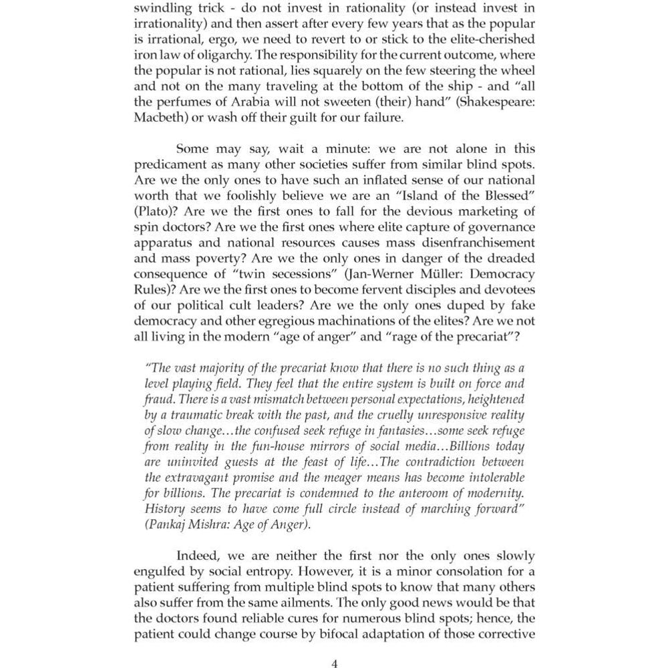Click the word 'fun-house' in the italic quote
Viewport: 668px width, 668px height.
pos(265,446)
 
